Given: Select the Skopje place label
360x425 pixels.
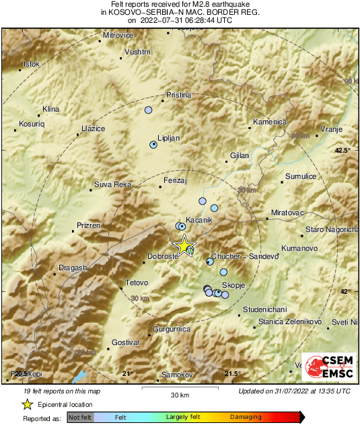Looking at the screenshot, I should (232, 286).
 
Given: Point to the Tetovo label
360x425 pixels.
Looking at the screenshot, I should (137, 282).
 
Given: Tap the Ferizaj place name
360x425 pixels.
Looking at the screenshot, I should (176, 180).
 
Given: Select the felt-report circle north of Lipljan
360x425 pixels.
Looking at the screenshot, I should (149, 110).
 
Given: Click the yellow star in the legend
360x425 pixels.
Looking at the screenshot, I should (27, 404).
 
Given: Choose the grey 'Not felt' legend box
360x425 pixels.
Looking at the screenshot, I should (80, 418).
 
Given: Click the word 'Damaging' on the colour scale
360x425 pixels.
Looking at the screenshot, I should (246, 418).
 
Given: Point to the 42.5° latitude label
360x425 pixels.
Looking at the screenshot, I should (343, 150).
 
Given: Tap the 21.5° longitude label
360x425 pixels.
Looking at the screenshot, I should (232, 373).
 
